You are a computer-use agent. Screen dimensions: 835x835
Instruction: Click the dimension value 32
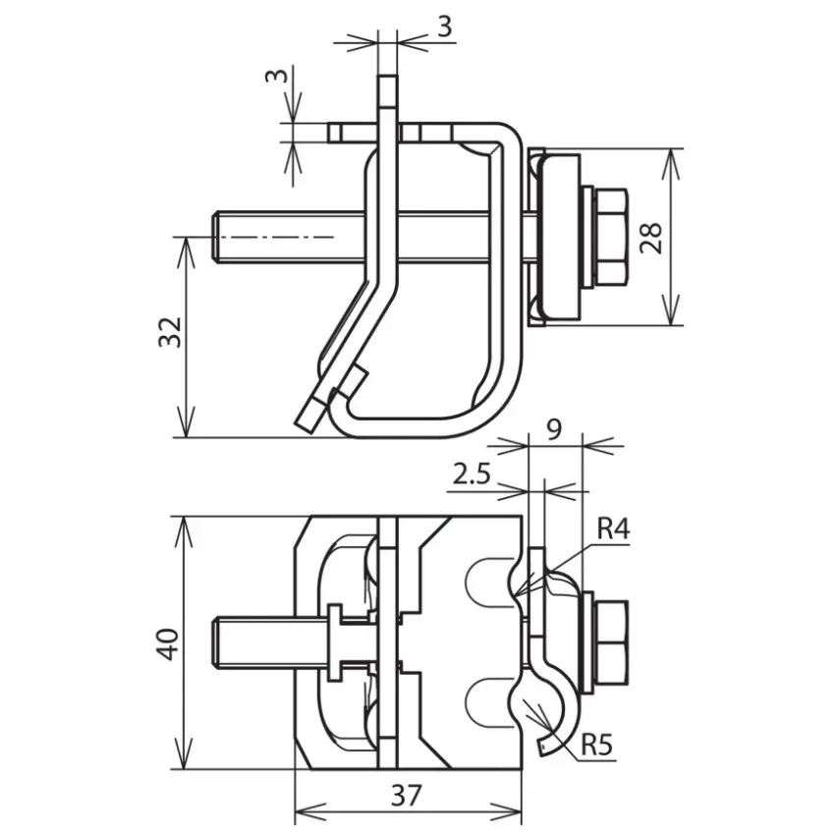170,332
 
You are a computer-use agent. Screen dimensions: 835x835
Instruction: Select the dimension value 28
651,237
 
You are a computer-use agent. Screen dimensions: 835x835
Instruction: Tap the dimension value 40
169,644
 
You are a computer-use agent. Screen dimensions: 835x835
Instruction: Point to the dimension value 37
407,795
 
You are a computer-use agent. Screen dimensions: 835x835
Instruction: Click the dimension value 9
554,429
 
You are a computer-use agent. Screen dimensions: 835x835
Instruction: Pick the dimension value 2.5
472,473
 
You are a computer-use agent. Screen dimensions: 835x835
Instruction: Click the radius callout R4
613,529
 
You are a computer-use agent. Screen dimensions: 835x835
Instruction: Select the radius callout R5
597,745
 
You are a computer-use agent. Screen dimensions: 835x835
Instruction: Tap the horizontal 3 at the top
445,27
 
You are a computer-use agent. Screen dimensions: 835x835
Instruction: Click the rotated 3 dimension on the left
276,75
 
